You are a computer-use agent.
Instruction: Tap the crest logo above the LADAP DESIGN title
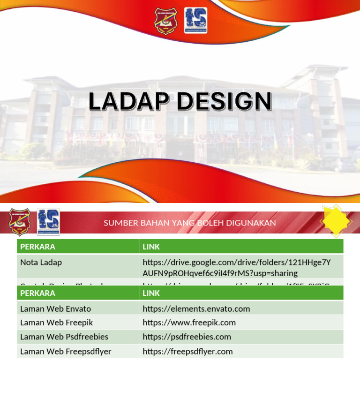point(165,21)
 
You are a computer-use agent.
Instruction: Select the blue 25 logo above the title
point(195,21)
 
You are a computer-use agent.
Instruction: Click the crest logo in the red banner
point(20,222)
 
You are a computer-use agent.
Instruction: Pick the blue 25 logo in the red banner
point(48,222)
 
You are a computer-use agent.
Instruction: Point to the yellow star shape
point(336,221)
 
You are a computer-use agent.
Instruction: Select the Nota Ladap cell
point(41,263)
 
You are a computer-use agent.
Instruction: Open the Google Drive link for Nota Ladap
point(236,268)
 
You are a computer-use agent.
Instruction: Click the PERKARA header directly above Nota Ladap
point(37,247)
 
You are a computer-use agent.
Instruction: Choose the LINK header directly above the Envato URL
point(151,293)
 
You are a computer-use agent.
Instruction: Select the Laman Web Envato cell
point(55,308)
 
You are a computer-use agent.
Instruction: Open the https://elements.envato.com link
point(196,308)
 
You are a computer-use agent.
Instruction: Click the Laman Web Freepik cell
point(56,323)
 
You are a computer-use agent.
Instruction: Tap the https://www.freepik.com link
point(189,323)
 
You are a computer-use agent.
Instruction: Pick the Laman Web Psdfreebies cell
point(64,337)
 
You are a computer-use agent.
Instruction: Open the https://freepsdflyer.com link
point(187,351)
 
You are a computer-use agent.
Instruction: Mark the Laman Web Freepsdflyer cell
point(66,351)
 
